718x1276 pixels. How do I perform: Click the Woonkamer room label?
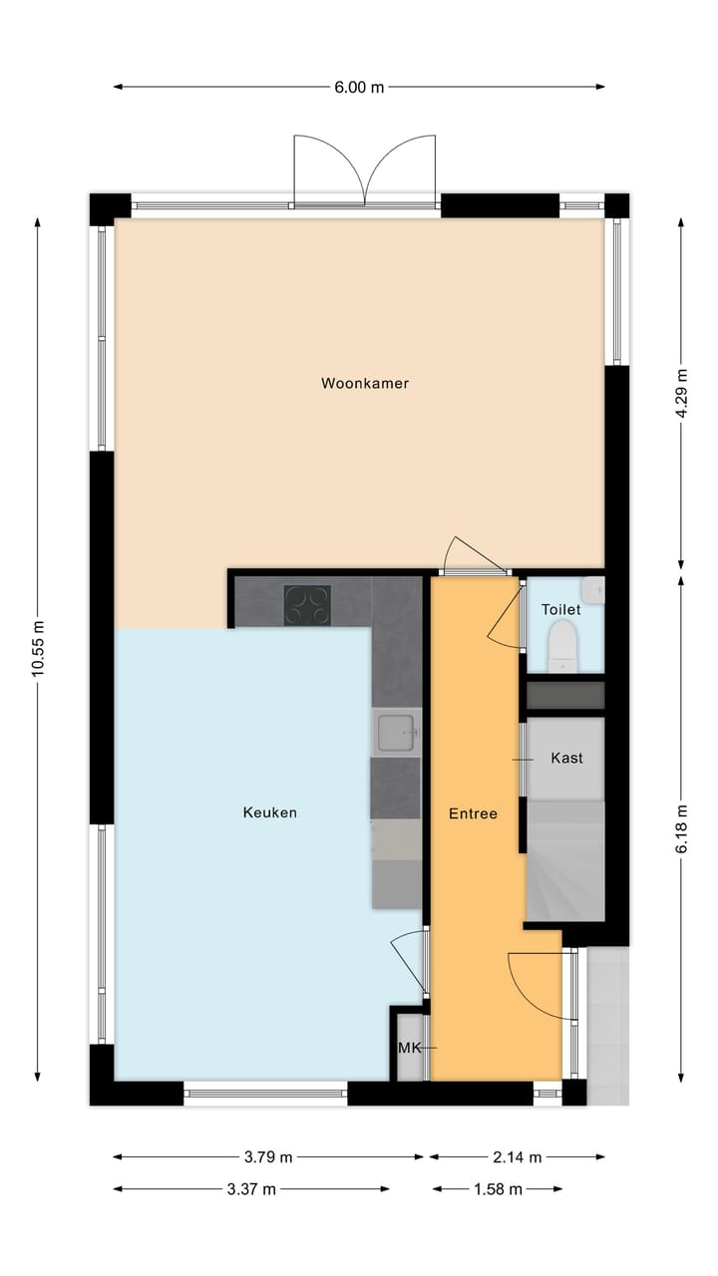click(365, 383)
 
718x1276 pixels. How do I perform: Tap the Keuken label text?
click(269, 812)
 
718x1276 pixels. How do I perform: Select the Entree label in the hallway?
click(472, 813)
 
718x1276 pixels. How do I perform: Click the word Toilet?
click(560, 609)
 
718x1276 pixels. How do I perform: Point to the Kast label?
click(566, 759)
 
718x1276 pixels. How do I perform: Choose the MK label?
click(410, 1048)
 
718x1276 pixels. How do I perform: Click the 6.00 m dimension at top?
click(359, 87)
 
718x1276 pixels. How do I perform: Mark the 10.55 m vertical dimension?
click(39, 648)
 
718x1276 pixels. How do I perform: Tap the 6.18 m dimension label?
click(681, 829)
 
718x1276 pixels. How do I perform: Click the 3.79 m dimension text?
click(268, 1157)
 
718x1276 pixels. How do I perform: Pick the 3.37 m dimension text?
click(251, 1189)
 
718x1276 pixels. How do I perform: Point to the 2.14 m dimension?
click(517, 1157)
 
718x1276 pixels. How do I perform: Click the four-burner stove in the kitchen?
click(307, 603)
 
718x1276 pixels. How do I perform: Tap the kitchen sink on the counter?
click(398, 733)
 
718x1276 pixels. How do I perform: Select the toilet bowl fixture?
click(563, 645)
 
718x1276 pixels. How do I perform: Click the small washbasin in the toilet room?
click(594, 590)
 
